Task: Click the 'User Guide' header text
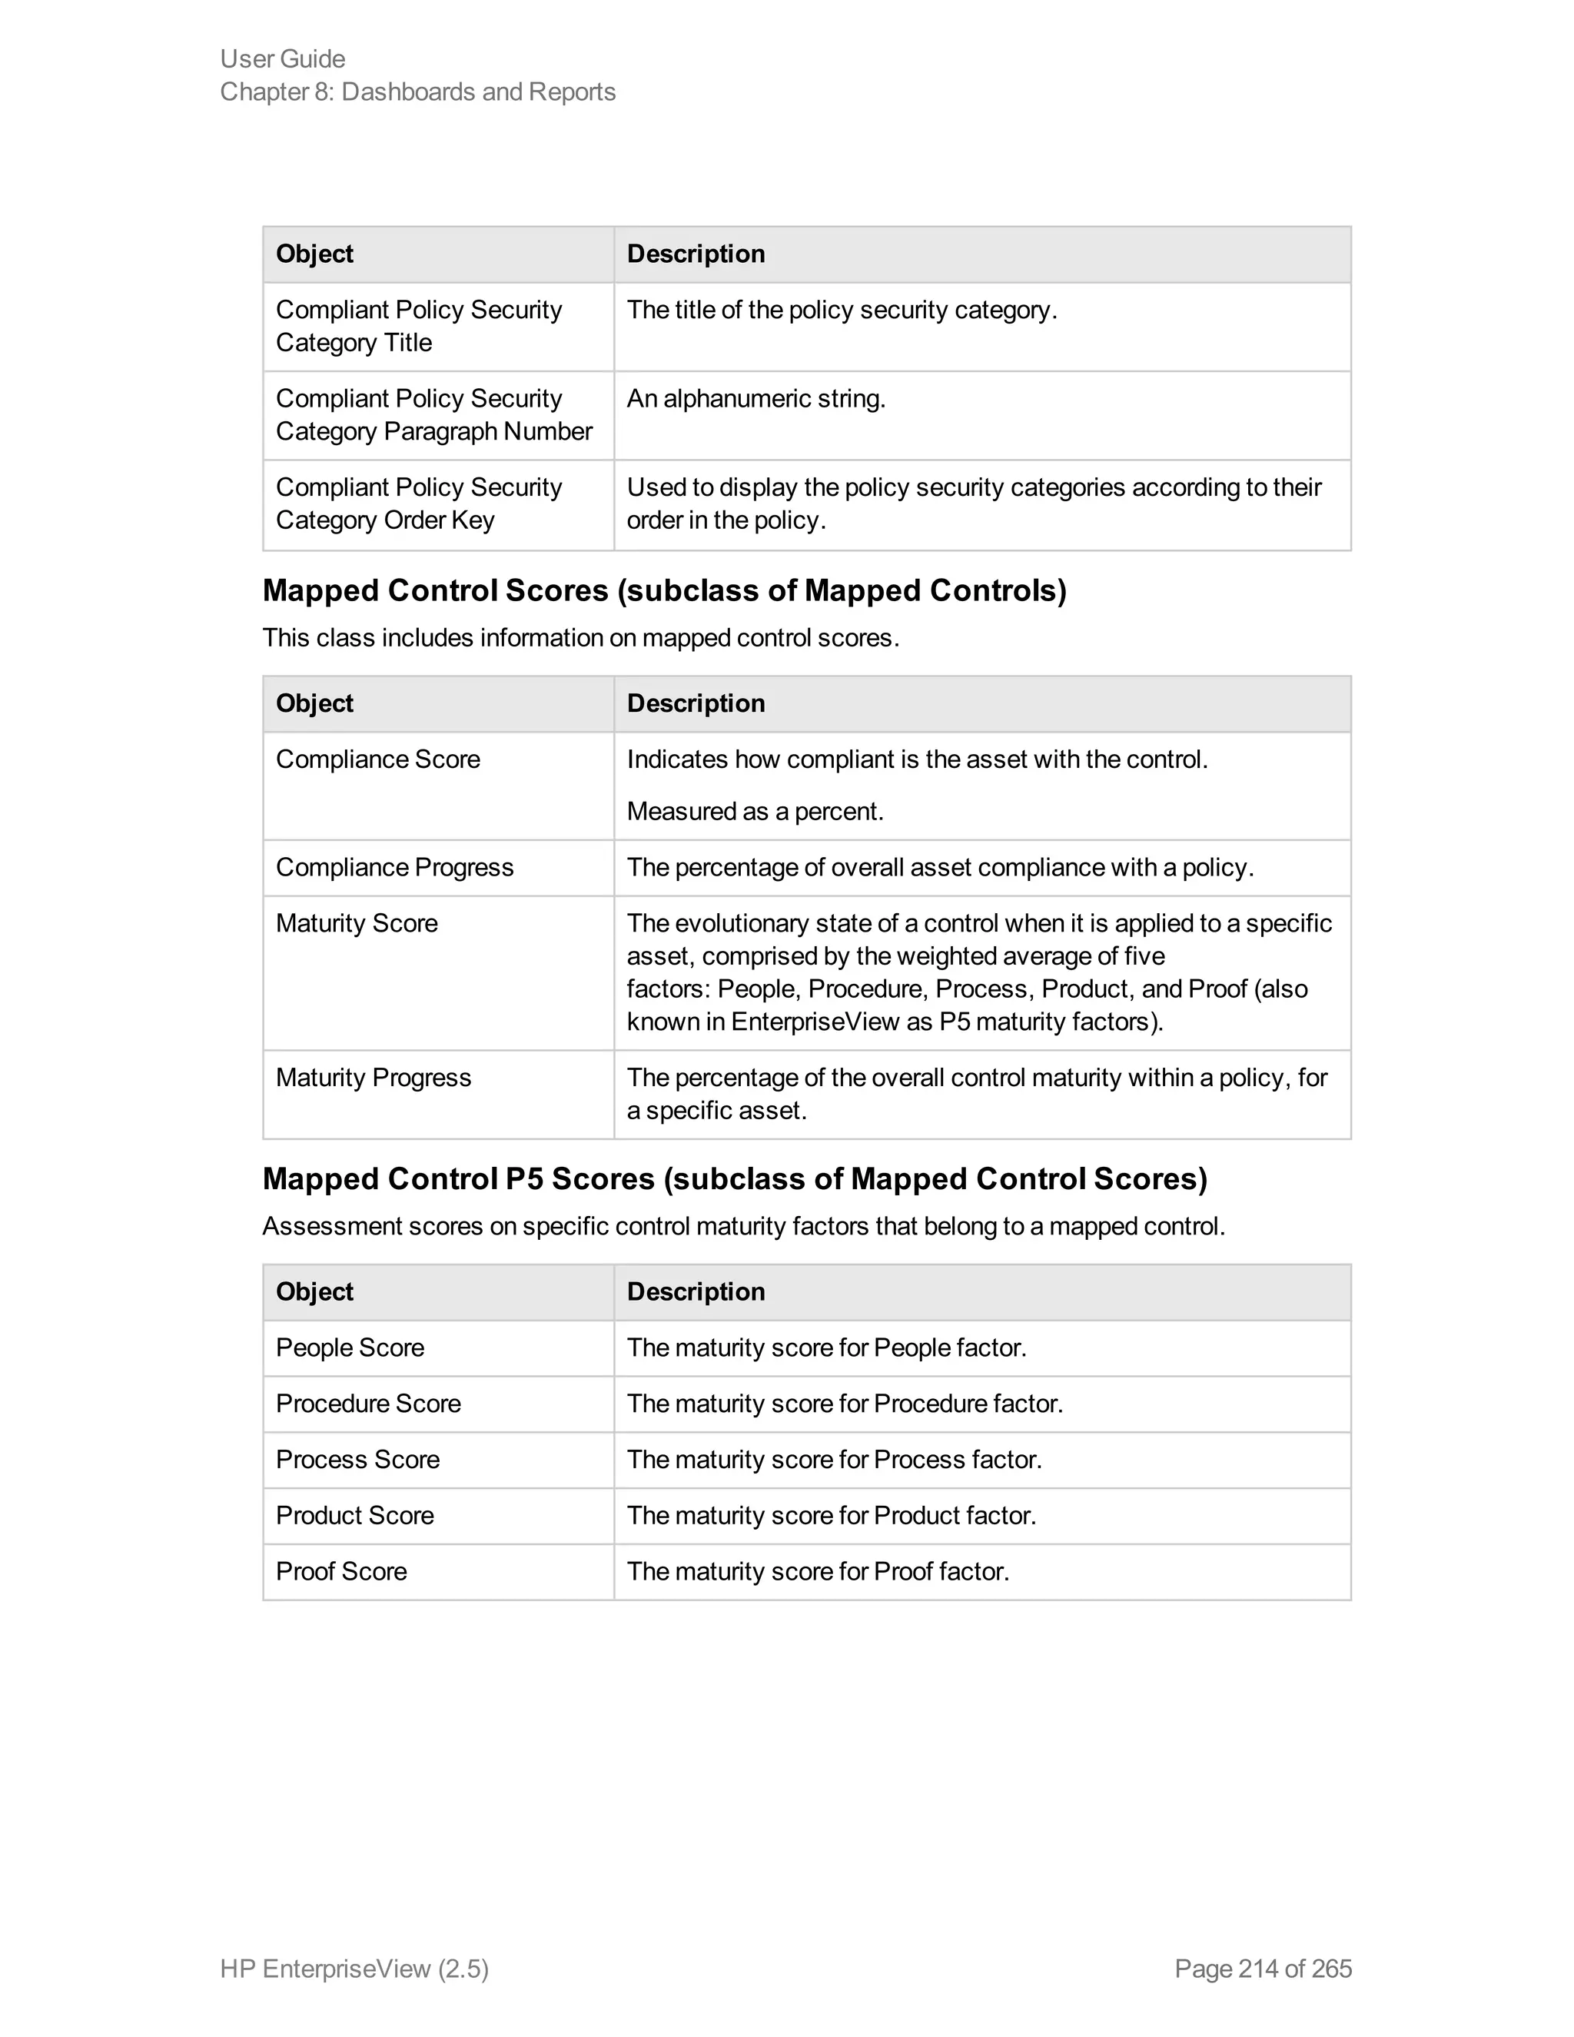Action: click(283, 58)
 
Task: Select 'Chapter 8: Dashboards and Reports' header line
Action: click(418, 91)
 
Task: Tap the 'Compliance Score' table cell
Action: click(377, 759)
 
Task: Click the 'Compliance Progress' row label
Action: click(394, 867)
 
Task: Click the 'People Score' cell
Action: click(350, 1347)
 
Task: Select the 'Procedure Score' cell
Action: click(368, 1404)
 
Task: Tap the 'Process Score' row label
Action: click(357, 1460)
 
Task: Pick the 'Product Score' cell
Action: click(354, 1516)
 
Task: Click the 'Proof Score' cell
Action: click(341, 1572)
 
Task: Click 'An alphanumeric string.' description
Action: click(755, 399)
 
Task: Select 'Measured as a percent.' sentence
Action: click(755, 812)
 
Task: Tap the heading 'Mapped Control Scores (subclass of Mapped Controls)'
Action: click(664, 590)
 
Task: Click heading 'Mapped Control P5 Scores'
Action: click(734, 1179)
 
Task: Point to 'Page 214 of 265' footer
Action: click(1263, 1969)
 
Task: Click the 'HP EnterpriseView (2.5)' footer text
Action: click(354, 1969)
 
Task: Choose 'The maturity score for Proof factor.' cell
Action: click(818, 1572)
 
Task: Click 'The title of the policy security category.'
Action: click(841, 310)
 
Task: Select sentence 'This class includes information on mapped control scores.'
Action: click(580, 638)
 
